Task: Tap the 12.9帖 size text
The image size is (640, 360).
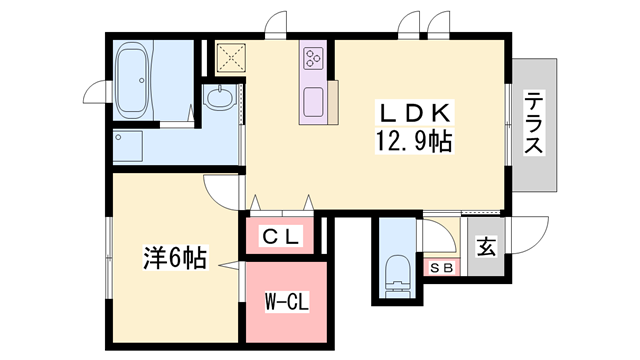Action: [x=413, y=141]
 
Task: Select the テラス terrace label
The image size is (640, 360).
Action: [x=535, y=123]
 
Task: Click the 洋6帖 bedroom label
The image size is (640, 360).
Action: [x=174, y=258]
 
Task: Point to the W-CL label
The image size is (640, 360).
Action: [x=285, y=301]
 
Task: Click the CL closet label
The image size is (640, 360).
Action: [x=281, y=237]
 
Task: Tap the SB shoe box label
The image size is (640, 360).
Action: [x=440, y=268]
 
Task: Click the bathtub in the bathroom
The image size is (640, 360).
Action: [x=132, y=79]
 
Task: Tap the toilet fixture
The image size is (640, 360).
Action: [x=397, y=271]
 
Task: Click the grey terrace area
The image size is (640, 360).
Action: [x=535, y=150]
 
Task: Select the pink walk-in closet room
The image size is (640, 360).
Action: [x=285, y=300]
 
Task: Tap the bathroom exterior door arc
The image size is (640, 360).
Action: [x=96, y=91]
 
